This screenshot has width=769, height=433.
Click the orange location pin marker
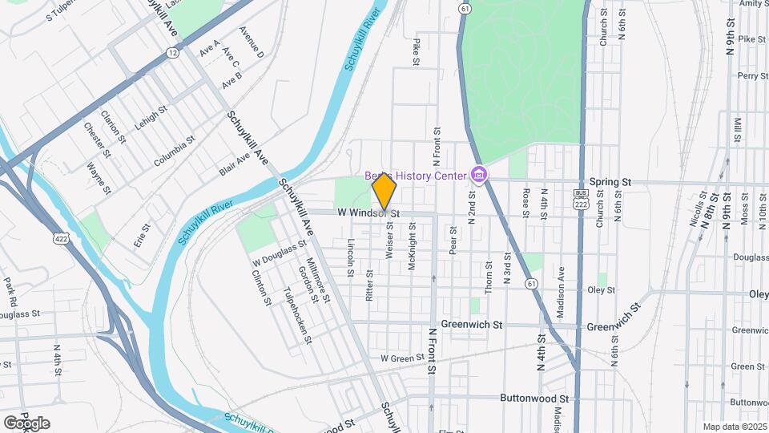click(x=384, y=193)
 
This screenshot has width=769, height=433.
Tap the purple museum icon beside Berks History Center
click(x=479, y=174)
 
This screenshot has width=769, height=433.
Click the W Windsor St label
click(x=368, y=213)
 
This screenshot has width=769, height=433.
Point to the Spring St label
click(x=610, y=183)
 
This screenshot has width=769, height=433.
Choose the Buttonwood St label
click(x=533, y=398)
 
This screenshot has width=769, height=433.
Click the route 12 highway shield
click(x=173, y=52)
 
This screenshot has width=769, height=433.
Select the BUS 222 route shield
click(x=581, y=199)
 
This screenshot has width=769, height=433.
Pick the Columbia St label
click(x=175, y=150)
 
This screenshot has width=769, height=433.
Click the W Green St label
click(x=402, y=358)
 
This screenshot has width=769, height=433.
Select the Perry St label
click(x=752, y=76)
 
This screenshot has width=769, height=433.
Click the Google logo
click(x=26, y=423)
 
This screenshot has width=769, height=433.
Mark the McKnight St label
click(x=412, y=245)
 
